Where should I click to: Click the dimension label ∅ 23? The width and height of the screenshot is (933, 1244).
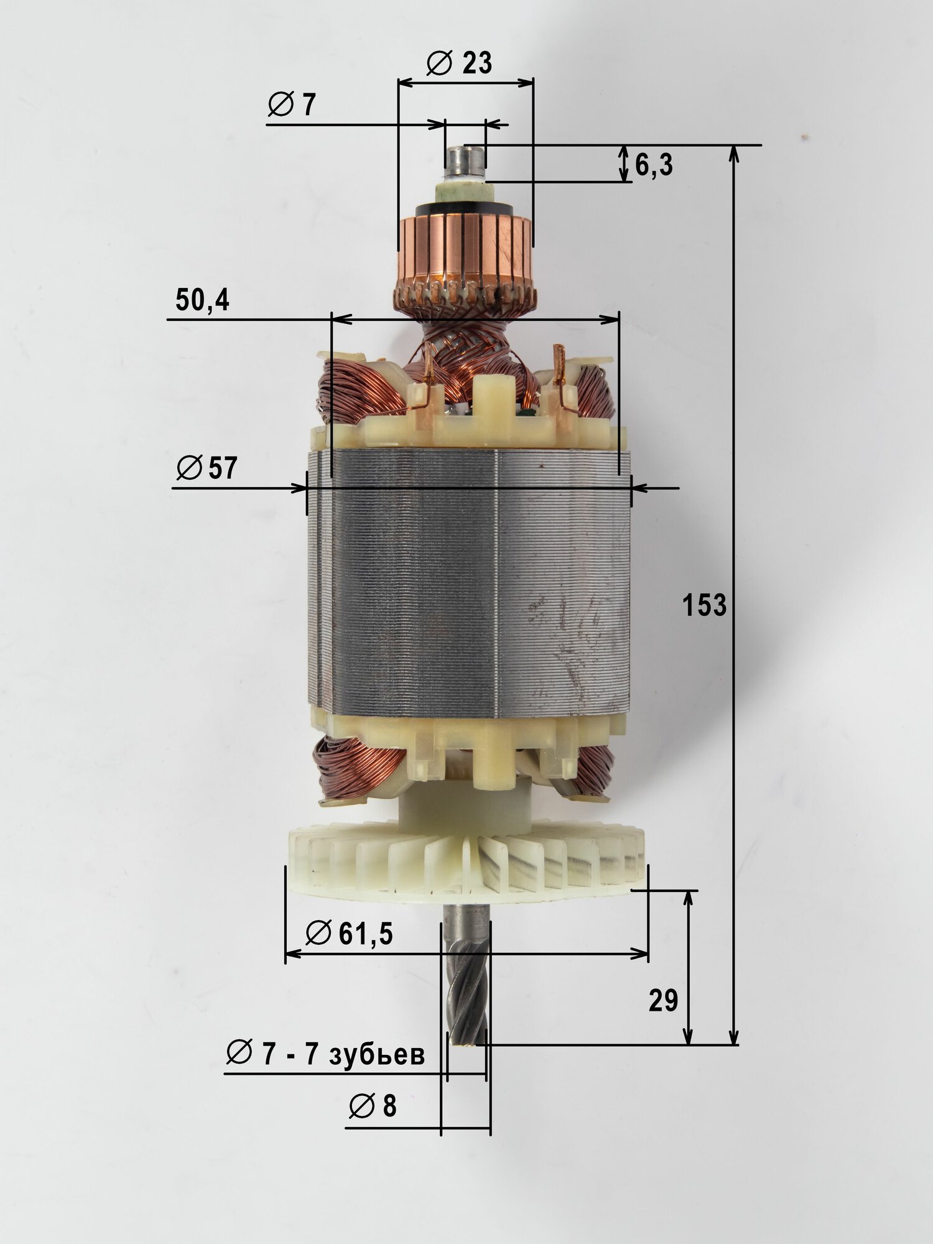pos(460,63)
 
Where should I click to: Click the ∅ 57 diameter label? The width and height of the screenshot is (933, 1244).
pos(207,468)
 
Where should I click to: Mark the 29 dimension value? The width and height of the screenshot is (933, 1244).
pos(663,1001)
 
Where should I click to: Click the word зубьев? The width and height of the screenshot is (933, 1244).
pos(378,1054)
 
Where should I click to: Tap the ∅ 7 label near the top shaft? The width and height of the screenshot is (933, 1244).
pos(291,105)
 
